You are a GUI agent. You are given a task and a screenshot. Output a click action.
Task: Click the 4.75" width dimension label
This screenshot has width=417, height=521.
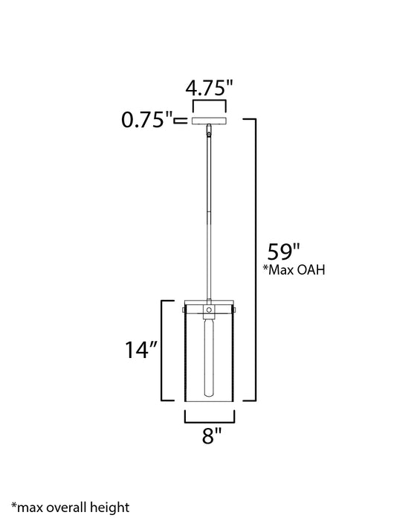click(209, 89)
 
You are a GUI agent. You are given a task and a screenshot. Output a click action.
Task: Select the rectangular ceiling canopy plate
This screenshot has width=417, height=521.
click(210, 120)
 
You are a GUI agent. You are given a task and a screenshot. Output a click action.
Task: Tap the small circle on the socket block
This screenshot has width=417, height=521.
click(210, 308)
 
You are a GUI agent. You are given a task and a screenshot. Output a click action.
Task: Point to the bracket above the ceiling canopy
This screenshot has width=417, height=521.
click(209, 104)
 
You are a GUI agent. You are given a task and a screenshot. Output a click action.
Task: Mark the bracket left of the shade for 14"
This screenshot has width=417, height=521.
click(161, 349)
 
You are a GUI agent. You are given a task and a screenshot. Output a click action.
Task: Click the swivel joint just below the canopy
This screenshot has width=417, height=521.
click(210, 132)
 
